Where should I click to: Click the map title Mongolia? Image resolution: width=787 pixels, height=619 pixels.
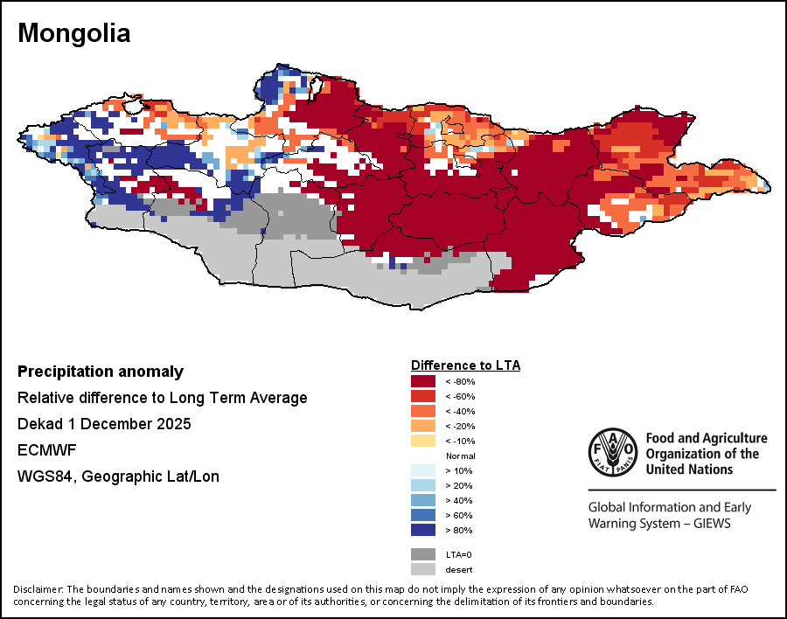(x=74, y=33)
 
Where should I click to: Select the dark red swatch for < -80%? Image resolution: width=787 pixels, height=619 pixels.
(x=423, y=381)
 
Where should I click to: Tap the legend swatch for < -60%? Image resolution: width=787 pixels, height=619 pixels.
(x=423, y=396)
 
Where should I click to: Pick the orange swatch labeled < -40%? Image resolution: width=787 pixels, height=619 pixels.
(x=423, y=411)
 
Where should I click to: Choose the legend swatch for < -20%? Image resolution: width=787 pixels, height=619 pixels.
(x=423, y=426)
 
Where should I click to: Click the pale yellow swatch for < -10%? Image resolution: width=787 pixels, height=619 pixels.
(x=423, y=441)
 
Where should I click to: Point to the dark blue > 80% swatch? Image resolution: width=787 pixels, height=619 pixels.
(x=423, y=529)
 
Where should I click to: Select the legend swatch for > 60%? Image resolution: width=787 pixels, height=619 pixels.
(x=423, y=514)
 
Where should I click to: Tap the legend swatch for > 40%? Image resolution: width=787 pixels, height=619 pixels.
(x=423, y=499)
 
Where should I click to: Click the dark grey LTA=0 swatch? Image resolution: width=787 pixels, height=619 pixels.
(x=423, y=554)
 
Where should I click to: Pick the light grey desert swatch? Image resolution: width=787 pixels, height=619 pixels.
(x=423, y=569)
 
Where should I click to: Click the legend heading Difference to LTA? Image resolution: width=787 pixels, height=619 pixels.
(x=465, y=365)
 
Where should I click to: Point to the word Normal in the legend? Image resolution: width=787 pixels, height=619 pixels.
(x=460, y=456)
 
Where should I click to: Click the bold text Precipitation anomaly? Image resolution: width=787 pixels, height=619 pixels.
(x=101, y=372)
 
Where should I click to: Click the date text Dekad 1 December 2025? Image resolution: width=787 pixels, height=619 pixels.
(x=104, y=424)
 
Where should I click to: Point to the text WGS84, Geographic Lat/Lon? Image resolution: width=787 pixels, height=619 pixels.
(x=118, y=476)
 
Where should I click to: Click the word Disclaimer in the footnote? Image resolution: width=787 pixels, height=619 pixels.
(x=38, y=588)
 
